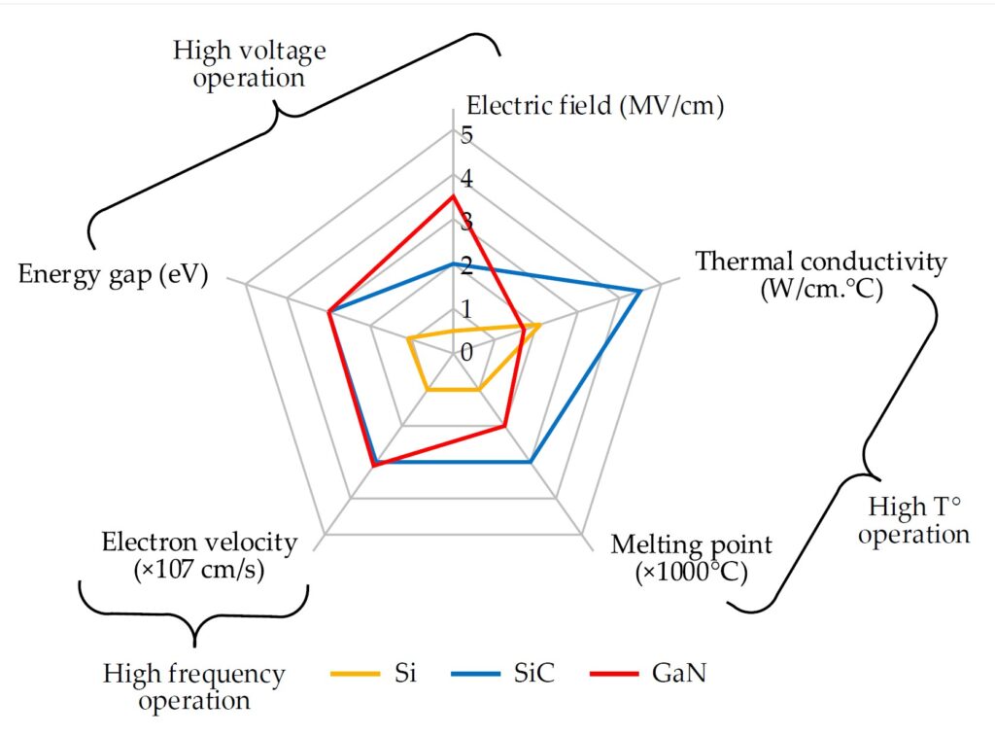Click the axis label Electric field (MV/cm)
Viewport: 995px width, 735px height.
click(x=596, y=106)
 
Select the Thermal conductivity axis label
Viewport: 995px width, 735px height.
click(x=821, y=274)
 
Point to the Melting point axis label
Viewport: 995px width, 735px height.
click(x=691, y=557)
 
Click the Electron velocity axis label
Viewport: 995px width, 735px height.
click(x=199, y=556)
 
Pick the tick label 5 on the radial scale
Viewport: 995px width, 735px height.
click(x=467, y=135)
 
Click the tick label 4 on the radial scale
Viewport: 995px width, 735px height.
click(x=467, y=179)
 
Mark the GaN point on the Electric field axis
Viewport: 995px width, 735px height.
click(x=453, y=196)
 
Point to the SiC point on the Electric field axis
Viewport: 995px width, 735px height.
click(x=453, y=263)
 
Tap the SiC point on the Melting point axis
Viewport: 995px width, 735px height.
click(x=530, y=462)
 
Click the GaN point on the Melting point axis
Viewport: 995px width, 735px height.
click(x=503, y=426)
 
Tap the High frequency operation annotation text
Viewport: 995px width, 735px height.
click(x=194, y=686)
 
